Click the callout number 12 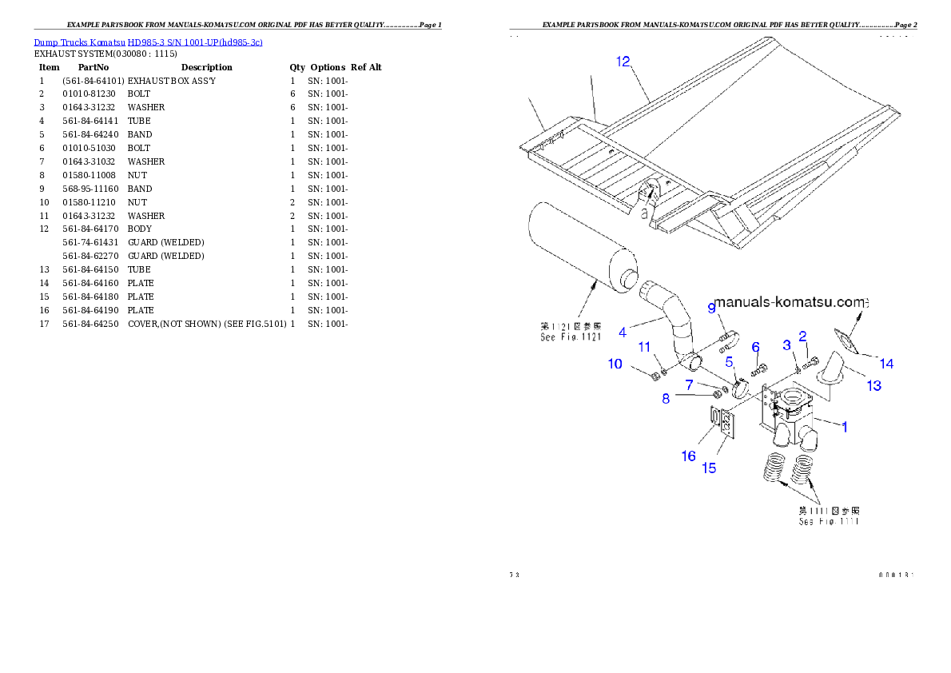pyautogui.click(x=623, y=62)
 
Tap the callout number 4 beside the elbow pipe pyautogui.click(x=623, y=331)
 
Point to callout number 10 pyautogui.click(x=615, y=364)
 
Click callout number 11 pyautogui.click(x=644, y=346)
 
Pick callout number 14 pyautogui.click(x=886, y=364)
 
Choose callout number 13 pyautogui.click(x=873, y=385)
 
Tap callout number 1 pyautogui.click(x=844, y=427)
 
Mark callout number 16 pyautogui.click(x=688, y=456)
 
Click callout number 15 pyautogui.click(x=709, y=468)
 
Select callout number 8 pyautogui.click(x=666, y=398)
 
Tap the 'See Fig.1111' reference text pyautogui.click(x=829, y=521)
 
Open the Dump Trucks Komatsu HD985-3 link pyautogui.click(x=148, y=42)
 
